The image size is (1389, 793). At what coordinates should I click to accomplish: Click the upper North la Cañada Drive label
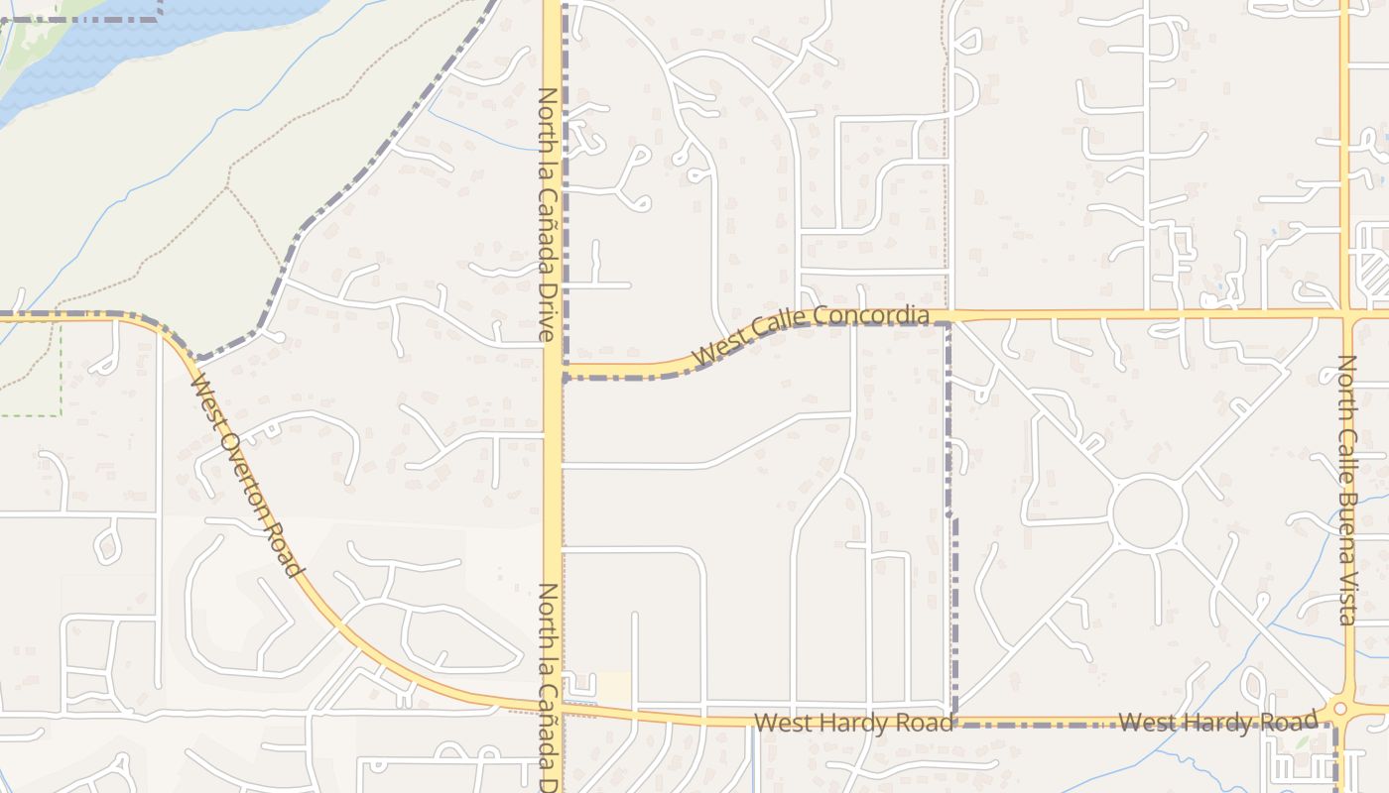pos(547,215)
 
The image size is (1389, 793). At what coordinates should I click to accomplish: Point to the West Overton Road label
pos(245,473)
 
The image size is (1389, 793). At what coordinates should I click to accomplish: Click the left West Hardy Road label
pos(853,723)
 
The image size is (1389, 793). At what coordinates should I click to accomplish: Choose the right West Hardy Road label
pos(1218,722)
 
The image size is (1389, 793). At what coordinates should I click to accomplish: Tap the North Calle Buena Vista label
pos(1346,490)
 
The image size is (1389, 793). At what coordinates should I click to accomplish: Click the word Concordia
pos(870,316)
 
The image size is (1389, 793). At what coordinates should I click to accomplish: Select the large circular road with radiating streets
pos(1148,513)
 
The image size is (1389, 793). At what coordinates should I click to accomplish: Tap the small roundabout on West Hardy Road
pos(1340,709)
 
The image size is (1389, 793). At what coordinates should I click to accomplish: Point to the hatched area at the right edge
pos(1374,268)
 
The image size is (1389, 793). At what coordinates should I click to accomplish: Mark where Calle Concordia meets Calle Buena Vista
pos(1346,316)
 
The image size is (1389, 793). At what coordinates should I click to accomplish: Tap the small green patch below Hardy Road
pos(1301,741)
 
